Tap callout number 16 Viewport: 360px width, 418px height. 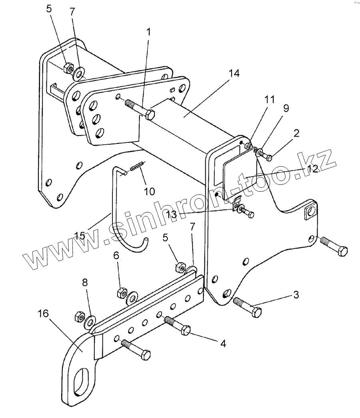coord(44,313)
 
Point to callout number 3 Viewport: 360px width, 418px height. coord(296,295)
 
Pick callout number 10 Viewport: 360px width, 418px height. coord(149,191)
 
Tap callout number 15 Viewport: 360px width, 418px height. coord(80,235)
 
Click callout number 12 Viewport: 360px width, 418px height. coord(313,169)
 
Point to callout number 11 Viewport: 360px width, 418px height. coord(270,100)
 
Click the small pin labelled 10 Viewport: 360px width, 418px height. coord(137,166)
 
